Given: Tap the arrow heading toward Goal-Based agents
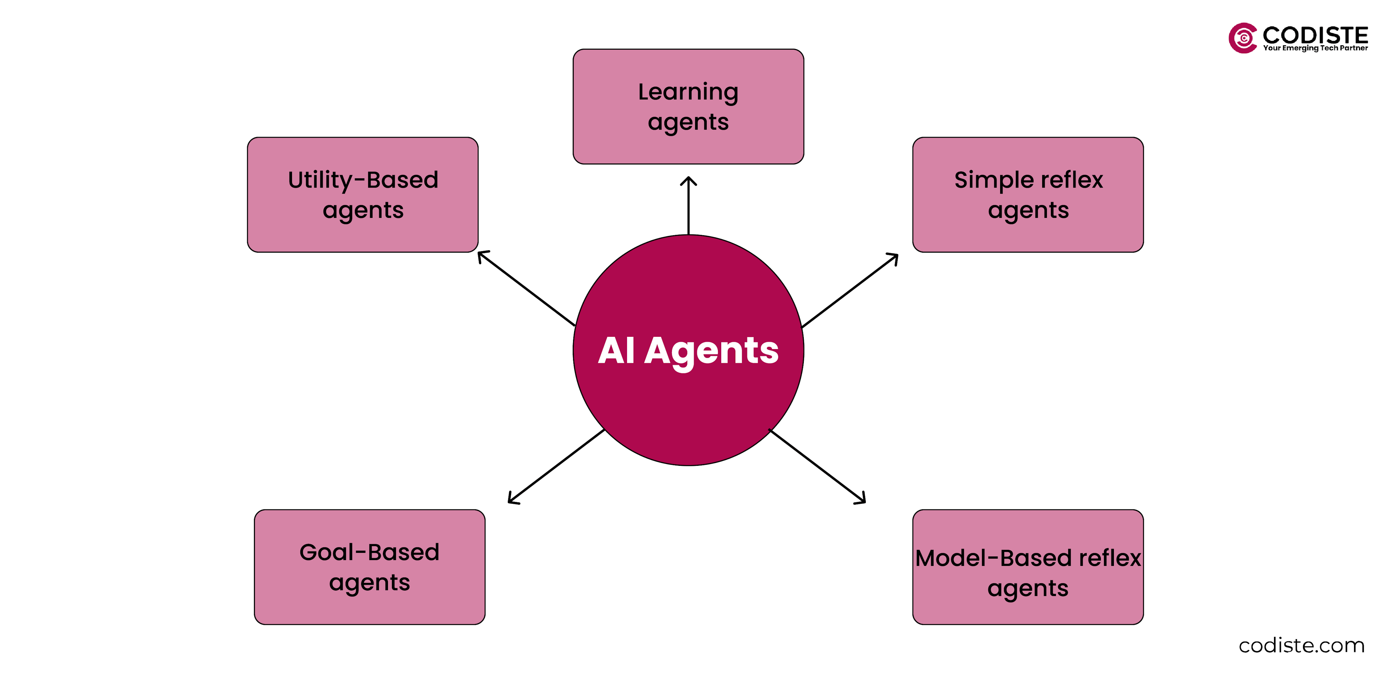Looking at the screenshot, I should [x=556, y=466].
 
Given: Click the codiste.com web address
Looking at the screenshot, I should [x=1302, y=645].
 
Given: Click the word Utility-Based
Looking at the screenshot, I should [x=363, y=180].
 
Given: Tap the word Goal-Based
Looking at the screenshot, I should [x=369, y=552].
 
